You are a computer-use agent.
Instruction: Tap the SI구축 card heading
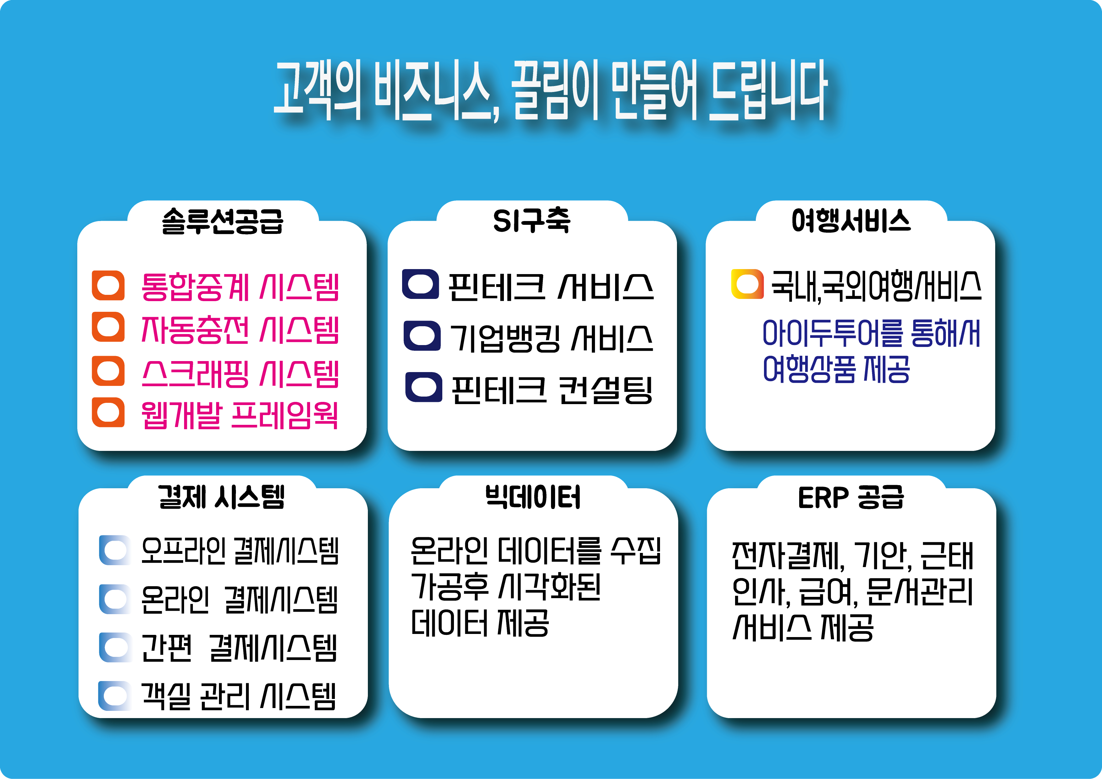pyautogui.click(x=532, y=221)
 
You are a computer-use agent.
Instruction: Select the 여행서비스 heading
pyautogui.click(x=851, y=221)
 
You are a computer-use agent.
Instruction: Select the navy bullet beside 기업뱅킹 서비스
pyautogui.click(x=423, y=336)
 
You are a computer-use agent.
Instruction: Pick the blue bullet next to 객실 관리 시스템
pyautogui.click(x=115, y=695)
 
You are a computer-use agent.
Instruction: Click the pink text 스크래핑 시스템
pyautogui.click(x=240, y=374)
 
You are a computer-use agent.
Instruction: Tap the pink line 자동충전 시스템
pyautogui.click(x=240, y=330)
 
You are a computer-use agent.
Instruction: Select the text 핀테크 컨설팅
pyautogui.click(x=552, y=389)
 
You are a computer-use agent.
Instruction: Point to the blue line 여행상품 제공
pyautogui.click(x=836, y=369)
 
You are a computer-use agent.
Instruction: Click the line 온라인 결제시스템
pyautogui.click(x=240, y=600)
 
